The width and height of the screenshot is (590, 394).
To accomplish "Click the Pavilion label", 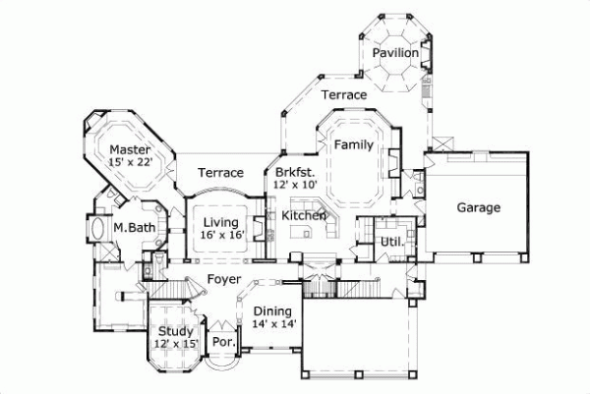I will [396, 53].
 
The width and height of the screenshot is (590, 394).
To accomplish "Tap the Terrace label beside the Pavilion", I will [343, 94].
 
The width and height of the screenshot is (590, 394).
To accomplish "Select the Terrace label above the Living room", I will [220, 173].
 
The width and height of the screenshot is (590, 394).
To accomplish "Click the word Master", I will [130, 149].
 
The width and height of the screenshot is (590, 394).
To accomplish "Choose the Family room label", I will [353, 144].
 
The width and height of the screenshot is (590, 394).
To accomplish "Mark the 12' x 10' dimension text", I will [295, 184].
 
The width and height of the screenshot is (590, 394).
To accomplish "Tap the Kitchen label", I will [304, 215].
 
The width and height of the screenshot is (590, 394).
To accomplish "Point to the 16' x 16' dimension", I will [222, 236].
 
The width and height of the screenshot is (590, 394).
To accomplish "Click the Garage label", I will [479, 208].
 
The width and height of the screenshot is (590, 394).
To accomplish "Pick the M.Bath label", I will [130, 228].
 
